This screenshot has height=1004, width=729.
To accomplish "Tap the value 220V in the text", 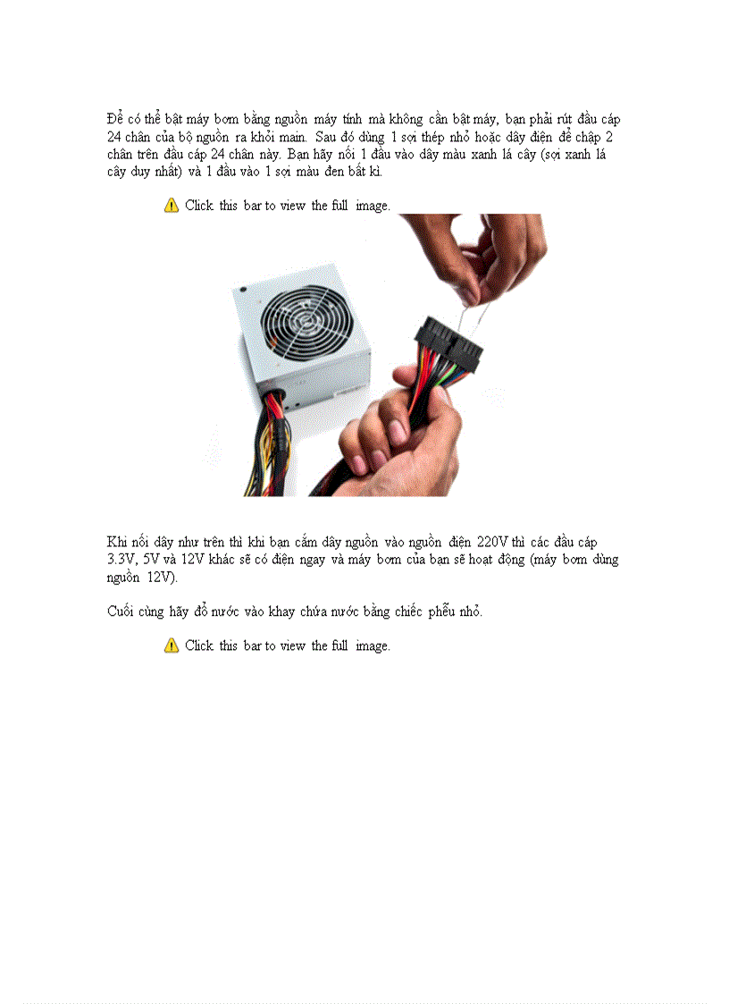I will [x=492, y=542].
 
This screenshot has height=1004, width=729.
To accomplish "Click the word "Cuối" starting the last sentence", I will [x=121, y=612].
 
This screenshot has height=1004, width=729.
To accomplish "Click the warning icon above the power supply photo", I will [x=172, y=206].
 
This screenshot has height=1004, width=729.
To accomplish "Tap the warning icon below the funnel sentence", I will [x=172, y=645].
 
